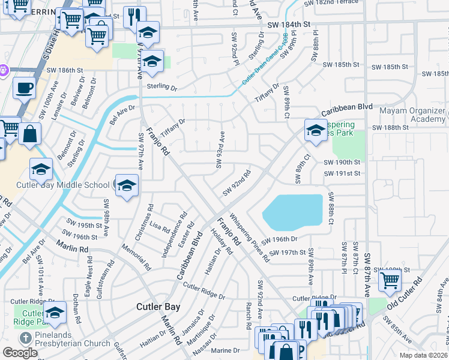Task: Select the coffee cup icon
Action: tap(24, 88)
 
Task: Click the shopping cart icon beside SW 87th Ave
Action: tap(390, 279)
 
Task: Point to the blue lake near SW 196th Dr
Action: tap(291, 212)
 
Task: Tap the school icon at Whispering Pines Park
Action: tap(315, 130)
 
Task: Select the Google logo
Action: tap(20, 353)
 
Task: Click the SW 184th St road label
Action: tap(289, 25)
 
